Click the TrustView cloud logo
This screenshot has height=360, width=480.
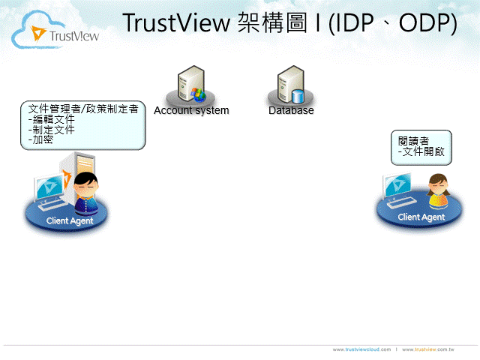pyautogui.click(x=55, y=31)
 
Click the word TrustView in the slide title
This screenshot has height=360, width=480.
pyautogui.click(x=176, y=23)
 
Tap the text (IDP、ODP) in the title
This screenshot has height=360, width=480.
pyautogui.click(x=393, y=23)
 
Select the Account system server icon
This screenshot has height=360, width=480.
pyautogui.click(x=191, y=85)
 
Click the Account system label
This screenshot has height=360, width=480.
pyautogui.click(x=191, y=110)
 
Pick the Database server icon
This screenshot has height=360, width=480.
pyautogui.click(x=291, y=85)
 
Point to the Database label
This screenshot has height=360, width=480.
pyautogui.click(x=291, y=110)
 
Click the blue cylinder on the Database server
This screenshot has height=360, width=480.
pyautogui.click(x=298, y=96)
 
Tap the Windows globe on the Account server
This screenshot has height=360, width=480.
pyautogui.click(x=199, y=95)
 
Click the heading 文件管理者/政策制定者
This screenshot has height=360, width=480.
pyautogui.click(x=83, y=109)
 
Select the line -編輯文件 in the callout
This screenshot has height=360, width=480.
pyautogui.click(x=52, y=119)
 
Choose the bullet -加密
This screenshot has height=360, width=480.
pyautogui.click(x=40, y=139)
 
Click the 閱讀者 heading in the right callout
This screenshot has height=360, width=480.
pyautogui.click(x=413, y=141)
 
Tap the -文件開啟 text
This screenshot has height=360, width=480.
pyautogui.click(x=421, y=151)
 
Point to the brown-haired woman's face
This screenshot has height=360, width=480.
pyautogui.click(x=438, y=186)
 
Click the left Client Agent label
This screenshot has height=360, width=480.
pyautogui.click(x=70, y=220)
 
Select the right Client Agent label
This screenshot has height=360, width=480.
pyautogui.click(x=421, y=217)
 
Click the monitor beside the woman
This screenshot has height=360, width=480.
pyautogui.click(x=397, y=185)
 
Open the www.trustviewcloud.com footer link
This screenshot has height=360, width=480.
pyautogui.click(x=361, y=349)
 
